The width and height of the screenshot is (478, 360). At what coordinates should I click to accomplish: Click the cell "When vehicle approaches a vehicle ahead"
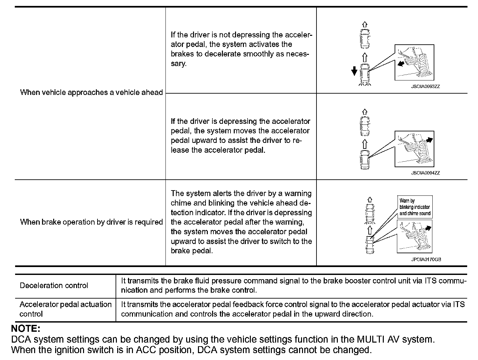[91, 92]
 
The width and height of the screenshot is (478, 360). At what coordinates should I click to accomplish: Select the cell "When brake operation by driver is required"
[91, 222]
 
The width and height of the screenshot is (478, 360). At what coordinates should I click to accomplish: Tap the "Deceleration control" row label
[54, 285]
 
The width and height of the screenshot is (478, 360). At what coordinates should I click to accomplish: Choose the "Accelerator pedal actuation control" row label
[65, 309]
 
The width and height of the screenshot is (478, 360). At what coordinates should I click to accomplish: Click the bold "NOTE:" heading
[26, 329]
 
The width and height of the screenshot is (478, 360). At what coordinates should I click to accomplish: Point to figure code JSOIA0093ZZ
[425, 86]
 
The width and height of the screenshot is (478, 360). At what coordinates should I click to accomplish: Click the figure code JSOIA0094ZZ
[425, 173]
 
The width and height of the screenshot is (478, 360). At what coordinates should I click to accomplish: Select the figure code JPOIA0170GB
[426, 259]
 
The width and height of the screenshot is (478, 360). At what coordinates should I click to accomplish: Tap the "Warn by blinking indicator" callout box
[415, 207]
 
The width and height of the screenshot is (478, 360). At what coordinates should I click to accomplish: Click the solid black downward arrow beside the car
[354, 70]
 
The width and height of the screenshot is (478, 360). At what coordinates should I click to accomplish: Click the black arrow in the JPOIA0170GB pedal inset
[428, 227]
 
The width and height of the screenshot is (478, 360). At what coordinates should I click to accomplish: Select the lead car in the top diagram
[365, 38]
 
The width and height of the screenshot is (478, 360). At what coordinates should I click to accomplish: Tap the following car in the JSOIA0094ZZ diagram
[365, 160]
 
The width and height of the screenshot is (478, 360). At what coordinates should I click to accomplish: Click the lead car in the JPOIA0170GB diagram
[370, 213]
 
